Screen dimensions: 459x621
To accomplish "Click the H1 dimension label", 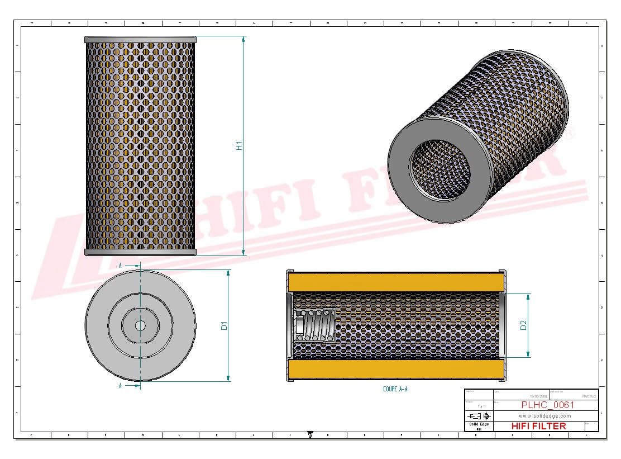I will click(239, 146).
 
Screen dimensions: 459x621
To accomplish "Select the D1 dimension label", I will click(223, 325).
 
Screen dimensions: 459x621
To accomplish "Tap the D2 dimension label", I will click(523, 325).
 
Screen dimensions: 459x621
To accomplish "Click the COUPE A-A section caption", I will click(395, 389).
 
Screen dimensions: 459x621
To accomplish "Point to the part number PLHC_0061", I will click(547, 405).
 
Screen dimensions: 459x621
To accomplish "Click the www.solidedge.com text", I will click(545, 416).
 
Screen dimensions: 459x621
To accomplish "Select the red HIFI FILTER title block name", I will click(538, 426).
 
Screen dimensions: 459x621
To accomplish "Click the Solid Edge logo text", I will click(479, 425).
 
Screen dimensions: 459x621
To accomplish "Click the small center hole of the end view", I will click(140, 325).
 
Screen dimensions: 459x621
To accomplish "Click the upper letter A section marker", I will click(120, 266).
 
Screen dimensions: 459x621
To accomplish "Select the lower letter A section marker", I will click(120, 386).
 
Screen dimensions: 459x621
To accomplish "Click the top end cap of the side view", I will click(140, 40).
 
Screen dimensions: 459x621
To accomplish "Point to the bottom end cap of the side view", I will click(140, 252).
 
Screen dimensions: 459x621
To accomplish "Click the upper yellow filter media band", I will click(397, 282).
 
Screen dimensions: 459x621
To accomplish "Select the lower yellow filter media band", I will click(397, 370).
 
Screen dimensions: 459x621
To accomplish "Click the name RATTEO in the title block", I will click(589, 396).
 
